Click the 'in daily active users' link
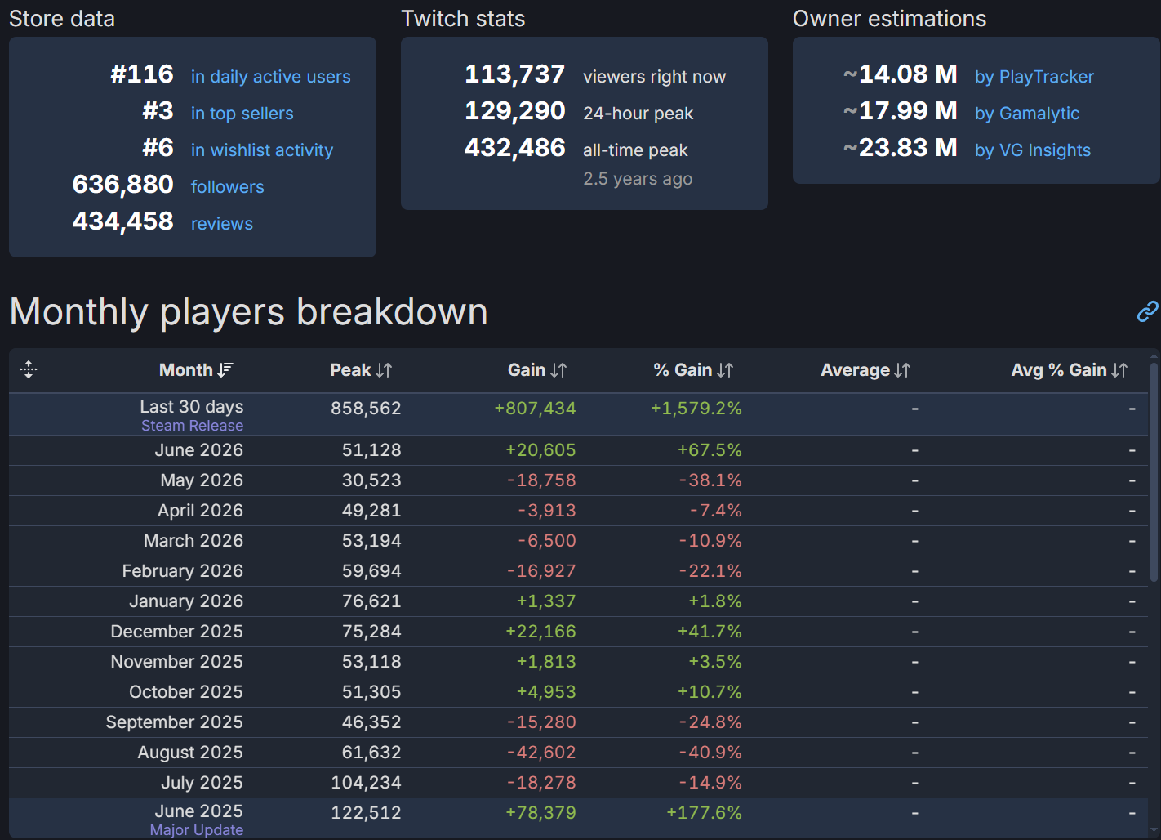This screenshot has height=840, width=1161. [270, 77]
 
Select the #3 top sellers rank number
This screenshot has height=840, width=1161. [158, 111]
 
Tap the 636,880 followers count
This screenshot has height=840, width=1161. [122, 185]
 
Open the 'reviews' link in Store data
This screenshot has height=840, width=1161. [222, 224]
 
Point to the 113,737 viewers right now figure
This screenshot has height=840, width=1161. [514, 74]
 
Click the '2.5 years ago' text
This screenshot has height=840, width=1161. [638, 179]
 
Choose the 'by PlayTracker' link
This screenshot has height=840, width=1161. [1034, 77]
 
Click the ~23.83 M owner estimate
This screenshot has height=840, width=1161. [901, 148]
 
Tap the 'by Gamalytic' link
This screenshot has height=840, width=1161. [1027, 114]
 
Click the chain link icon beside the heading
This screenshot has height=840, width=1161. [1147, 311]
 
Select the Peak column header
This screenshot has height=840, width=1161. [361, 370]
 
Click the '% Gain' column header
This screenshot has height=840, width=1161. [693, 370]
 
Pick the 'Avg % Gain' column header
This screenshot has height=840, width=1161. [1069, 370]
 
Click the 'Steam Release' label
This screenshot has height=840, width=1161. [193, 426]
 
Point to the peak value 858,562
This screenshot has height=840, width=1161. [366, 409]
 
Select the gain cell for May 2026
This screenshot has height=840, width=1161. [541, 480]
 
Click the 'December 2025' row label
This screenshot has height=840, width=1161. [176, 632]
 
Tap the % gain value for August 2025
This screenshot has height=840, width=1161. [710, 753]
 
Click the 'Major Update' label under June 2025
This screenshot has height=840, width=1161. [197, 829]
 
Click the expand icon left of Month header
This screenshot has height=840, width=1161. [29, 369]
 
